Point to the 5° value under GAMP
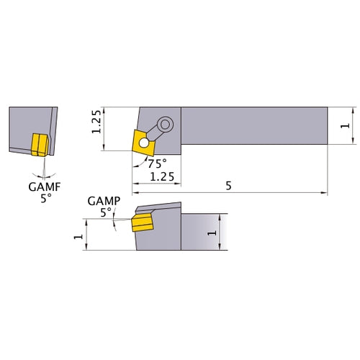click(x=107, y=212)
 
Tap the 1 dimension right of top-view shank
click(x=346, y=126)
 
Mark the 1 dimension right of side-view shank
click(x=210, y=233)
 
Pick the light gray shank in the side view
click(x=199, y=232)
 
